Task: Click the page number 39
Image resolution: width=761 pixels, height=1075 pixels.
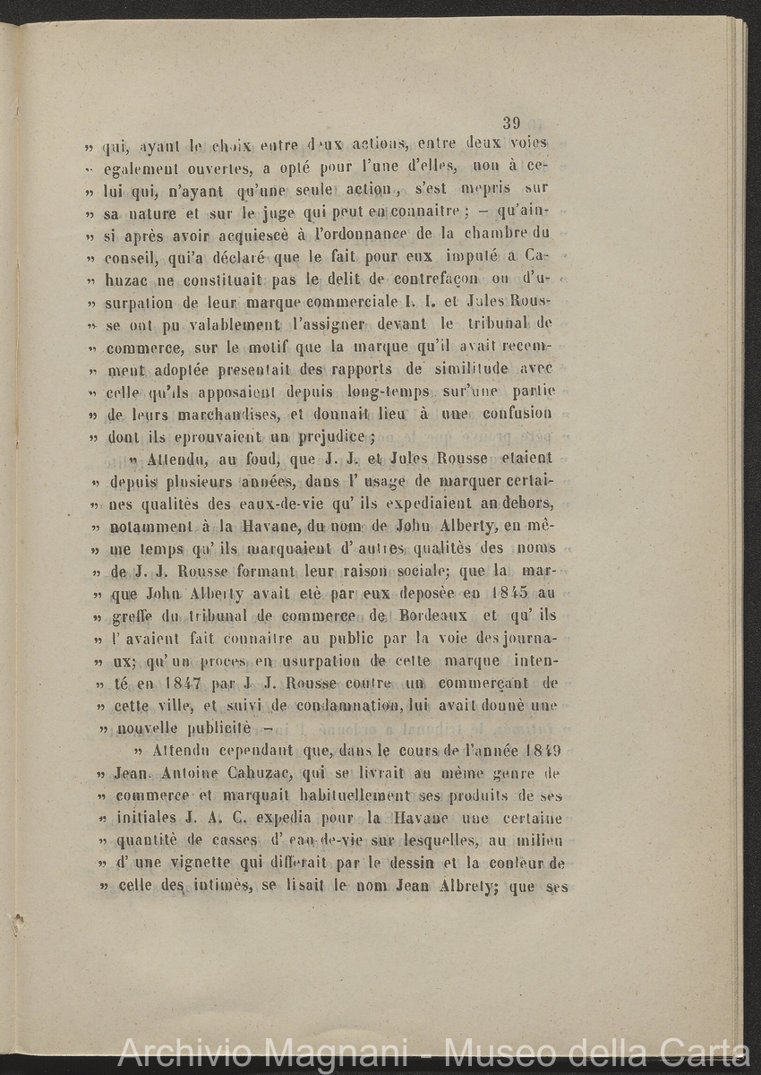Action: (512, 124)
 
